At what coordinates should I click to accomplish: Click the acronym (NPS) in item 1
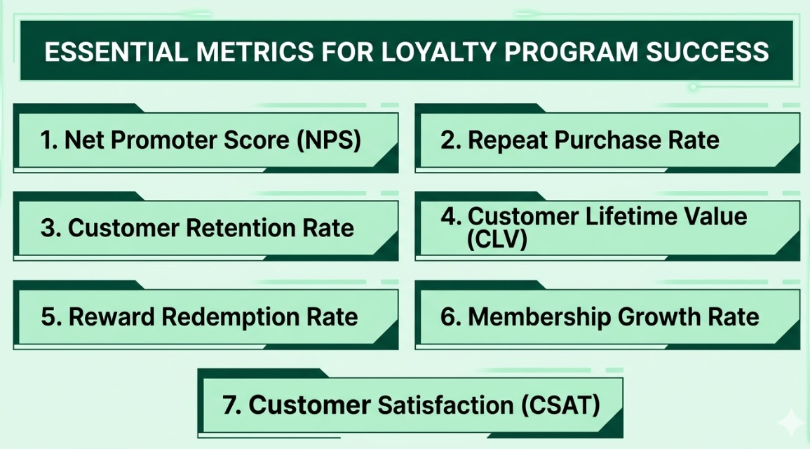pyautogui.click(x=328, y=140)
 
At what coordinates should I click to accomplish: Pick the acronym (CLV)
pyautogui.click(x=497, y=240)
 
